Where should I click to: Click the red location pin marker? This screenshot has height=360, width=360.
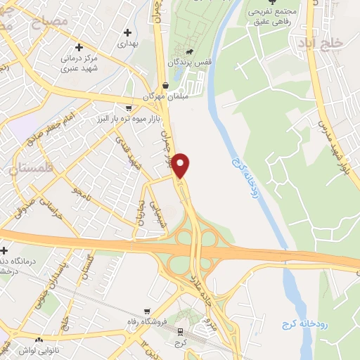(181, 165)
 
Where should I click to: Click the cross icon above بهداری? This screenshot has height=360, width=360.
(127, 32)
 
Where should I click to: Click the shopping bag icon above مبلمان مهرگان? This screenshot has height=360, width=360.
(165, 85)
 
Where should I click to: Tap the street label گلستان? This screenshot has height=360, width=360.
(91, 266)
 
